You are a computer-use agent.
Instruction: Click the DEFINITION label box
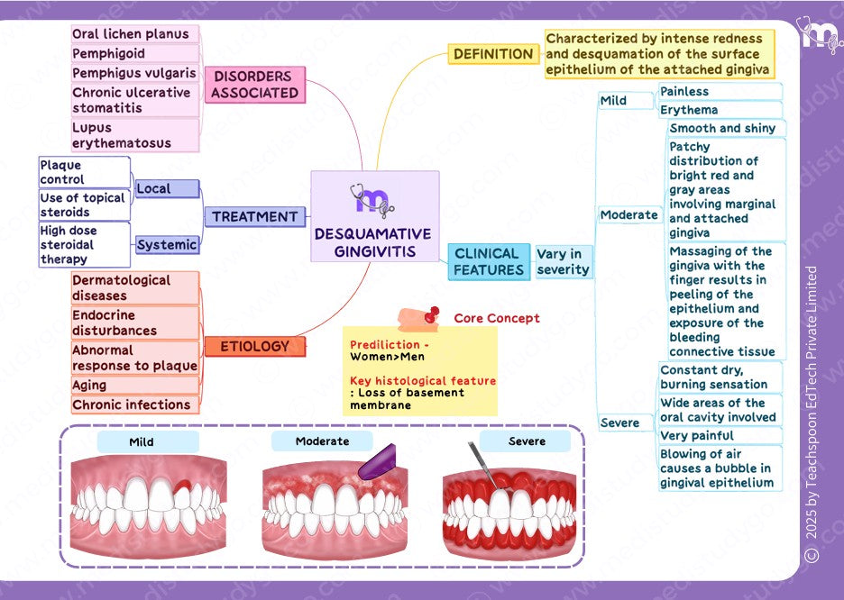(492, 54)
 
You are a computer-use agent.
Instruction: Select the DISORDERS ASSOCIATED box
(255, 85)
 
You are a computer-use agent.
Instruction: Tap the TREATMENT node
(254, 216)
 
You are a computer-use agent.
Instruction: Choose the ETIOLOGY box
(254, 346)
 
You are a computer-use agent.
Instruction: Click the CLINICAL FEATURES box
(488, 261)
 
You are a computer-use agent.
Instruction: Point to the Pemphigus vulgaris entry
(133, 73)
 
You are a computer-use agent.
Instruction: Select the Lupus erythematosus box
(133, 135)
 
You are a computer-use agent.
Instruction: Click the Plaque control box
(84, 172)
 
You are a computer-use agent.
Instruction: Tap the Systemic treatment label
(167, 244)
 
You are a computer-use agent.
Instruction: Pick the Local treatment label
(166, 188)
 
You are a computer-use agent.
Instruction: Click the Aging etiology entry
(133, 386)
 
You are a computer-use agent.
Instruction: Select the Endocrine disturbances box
(133, 323)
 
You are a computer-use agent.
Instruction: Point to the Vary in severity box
(563, 261)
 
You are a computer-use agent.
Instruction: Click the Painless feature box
(720, 92)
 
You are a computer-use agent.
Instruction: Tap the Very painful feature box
(720, 436)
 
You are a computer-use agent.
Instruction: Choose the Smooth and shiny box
(725, 129)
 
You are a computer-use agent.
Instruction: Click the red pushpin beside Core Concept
(431, 314)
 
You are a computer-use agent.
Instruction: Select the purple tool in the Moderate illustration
(377, 462)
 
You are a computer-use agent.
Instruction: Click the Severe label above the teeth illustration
(526, 441)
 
